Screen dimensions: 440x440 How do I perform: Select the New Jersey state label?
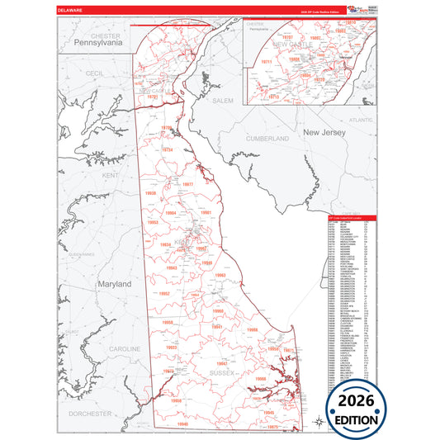322,132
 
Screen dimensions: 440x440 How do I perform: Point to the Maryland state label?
115,283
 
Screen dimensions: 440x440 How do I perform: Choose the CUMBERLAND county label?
267,138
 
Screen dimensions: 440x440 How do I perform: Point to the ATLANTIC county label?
361,121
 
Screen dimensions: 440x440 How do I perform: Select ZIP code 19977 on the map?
188,184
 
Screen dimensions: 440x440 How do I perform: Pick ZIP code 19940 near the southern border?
182,424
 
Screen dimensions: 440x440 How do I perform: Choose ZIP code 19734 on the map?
168,150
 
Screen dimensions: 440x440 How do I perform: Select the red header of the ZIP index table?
350,218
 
